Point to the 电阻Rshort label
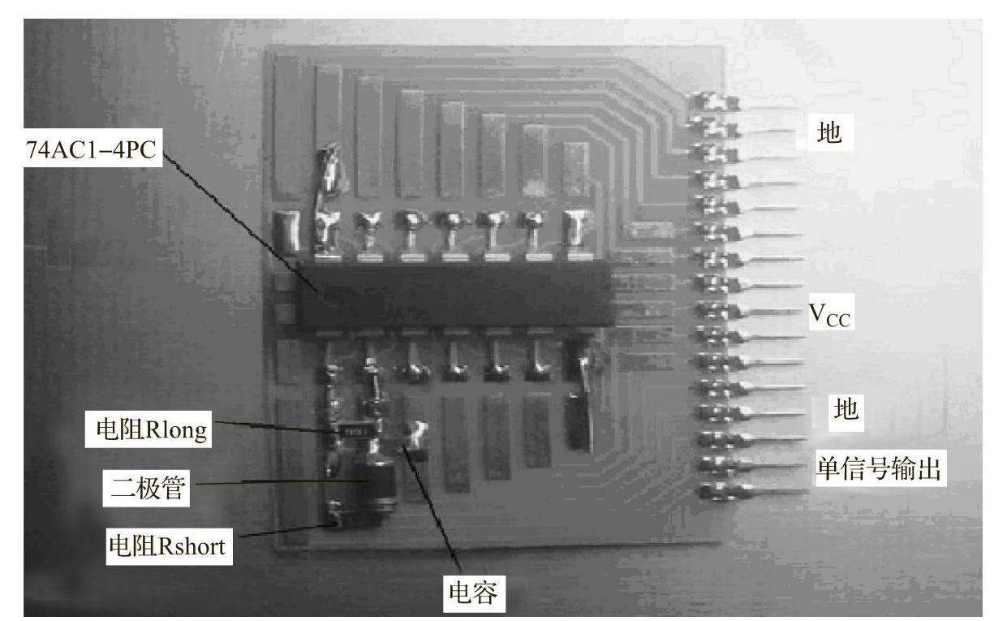(166, 546)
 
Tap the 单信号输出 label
(880, 469)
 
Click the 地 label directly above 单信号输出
(846, 409)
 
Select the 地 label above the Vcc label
(829, 134)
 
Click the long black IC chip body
(454, 294)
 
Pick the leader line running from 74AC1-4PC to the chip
(243, 219)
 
